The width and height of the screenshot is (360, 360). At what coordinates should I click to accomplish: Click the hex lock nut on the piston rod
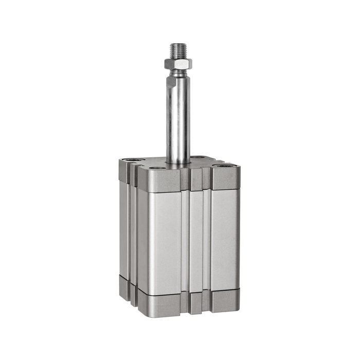(x=178, y=63)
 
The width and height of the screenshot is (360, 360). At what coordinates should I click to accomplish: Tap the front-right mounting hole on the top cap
(x=225, y=166)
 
